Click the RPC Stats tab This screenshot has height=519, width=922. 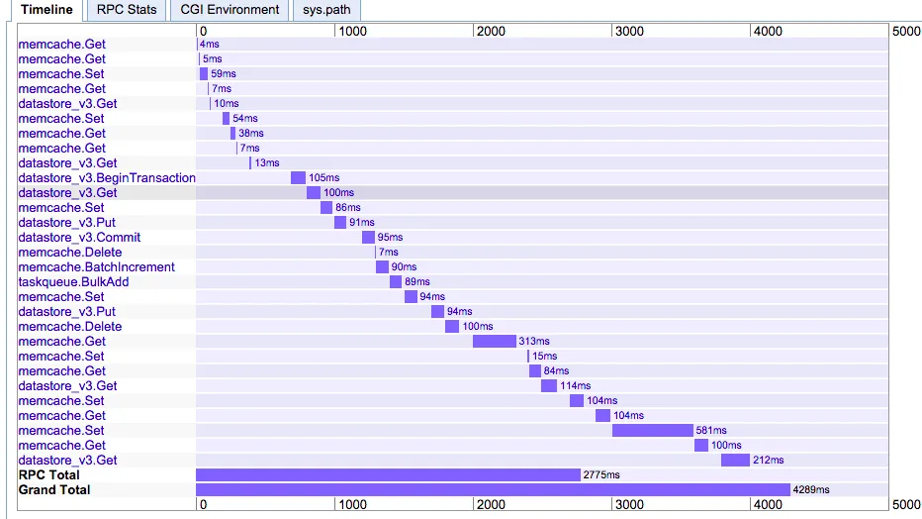tap(127, 10)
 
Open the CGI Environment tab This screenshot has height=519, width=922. tap(230, 10)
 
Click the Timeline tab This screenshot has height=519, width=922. tap(46, 10)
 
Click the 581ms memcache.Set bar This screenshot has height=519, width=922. tap(653, 431)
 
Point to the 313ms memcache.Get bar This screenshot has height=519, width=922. tap(495, 342)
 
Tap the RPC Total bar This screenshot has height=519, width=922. tap(388, 475)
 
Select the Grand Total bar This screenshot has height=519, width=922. tap(493, 490)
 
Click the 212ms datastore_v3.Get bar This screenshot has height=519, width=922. tap(735, 461)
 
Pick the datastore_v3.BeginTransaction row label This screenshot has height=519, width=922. tap(107, 178)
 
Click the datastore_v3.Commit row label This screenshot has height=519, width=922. tap(79, 238)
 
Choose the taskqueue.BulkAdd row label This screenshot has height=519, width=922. tap(73, 282)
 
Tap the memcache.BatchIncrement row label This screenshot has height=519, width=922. tap(96, 267)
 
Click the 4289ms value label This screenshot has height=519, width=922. tap(811, 490)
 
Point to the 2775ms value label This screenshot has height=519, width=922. tap(601, 475)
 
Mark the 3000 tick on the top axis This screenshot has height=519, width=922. tap(629, 32)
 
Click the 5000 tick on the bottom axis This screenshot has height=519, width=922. tap(906, 504)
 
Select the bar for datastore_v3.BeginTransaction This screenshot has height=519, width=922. tap(298, 178)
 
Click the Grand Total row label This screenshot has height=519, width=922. tap(54, 490)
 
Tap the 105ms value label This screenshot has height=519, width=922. tap(323, 178)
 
